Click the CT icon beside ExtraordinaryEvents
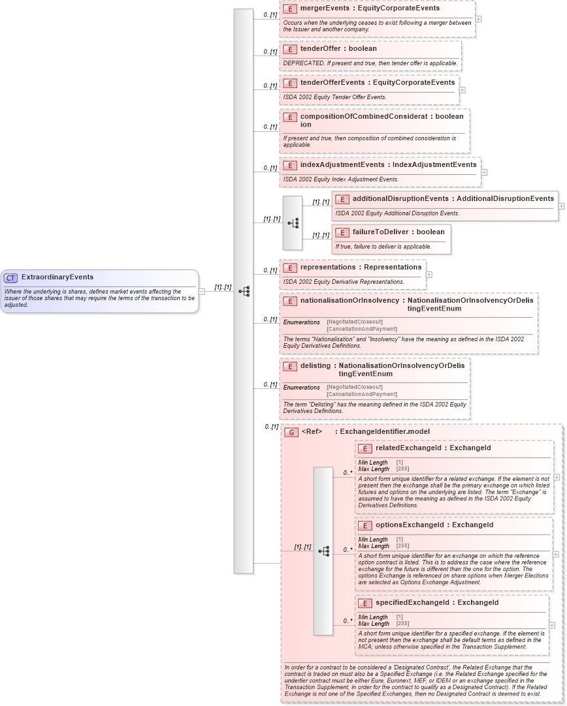pyautogui.click(x=10, y=277)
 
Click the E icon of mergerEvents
pyautogui.click(x=289, y=9)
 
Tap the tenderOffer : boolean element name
pyautogui.click(x=338, y=49)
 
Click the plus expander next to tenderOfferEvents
pyautogui.click(x=462, y=90)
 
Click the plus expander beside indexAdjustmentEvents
pyautogui.click(x=484, y=172)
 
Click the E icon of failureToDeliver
pyautogui.click(x=342, y=232)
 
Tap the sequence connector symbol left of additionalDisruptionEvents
pyautogui.click(x=293, y=223)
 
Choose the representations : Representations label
pyautogui.click(x=361, y=268)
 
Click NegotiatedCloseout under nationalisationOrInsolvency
pyautogui.click(x=355, y=322)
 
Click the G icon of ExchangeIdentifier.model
pyautogui.click(x=291, y=432)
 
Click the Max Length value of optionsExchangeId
pyautogui.click(x=402, y=546)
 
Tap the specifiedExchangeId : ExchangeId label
pyautogui.click(x=437, y=603)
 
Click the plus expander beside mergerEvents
pyautogui.click(x=478, y=19)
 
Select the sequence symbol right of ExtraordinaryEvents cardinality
pyautogui.click(x=244, y=292)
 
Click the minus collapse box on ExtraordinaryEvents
pyautogui.click(x=202, y=292)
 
